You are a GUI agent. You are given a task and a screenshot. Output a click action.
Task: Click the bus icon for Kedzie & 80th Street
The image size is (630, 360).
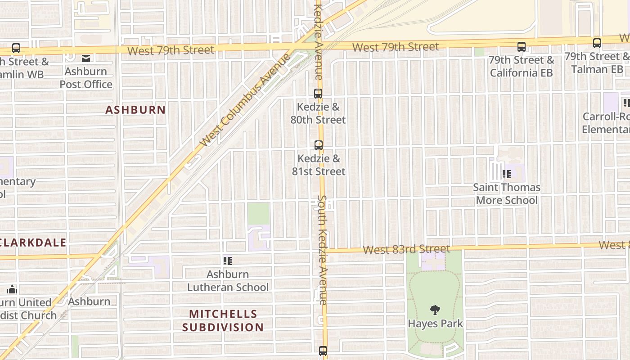pos(318,94)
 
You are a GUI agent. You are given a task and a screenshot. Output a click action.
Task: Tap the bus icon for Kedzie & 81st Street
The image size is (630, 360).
pos(319,145)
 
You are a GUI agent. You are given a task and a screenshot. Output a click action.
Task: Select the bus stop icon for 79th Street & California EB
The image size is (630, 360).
pos(522,46)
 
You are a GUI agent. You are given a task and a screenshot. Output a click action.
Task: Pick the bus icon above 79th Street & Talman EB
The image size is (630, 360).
pos(597,43)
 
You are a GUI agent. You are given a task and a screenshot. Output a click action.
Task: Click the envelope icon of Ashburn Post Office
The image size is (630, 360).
pos(86,58)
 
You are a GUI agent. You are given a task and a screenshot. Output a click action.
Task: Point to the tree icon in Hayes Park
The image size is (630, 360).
pos(435,310)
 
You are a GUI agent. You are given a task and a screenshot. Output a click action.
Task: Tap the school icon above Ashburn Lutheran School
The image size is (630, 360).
pos(228,261)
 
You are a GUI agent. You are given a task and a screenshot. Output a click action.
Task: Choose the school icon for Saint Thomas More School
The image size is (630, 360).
pos(507,174)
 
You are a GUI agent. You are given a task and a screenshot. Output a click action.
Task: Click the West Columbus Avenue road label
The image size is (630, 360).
pos(245,100)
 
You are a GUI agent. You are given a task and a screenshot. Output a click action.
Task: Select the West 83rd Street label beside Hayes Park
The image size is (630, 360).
pos(406,249)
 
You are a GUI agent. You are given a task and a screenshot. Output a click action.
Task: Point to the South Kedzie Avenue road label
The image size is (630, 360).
pos(322,250)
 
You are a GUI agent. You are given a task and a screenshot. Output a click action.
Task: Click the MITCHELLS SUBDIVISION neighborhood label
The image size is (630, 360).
pos(223,320)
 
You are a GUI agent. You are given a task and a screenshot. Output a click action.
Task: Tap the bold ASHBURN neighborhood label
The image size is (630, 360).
pos(135,110)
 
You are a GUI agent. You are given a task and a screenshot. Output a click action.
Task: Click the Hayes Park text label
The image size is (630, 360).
pos(435,323)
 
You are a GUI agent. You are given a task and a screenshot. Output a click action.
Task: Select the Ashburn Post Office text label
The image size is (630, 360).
pos(86,78)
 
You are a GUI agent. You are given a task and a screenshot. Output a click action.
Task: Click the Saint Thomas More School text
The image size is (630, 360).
pos(507,193)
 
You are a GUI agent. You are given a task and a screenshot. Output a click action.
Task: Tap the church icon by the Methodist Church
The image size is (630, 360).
pos(12,289)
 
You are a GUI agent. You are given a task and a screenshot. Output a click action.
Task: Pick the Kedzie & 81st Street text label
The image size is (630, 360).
pos(319,165)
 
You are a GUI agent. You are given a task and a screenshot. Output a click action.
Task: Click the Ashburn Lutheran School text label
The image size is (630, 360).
pos(228,280)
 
